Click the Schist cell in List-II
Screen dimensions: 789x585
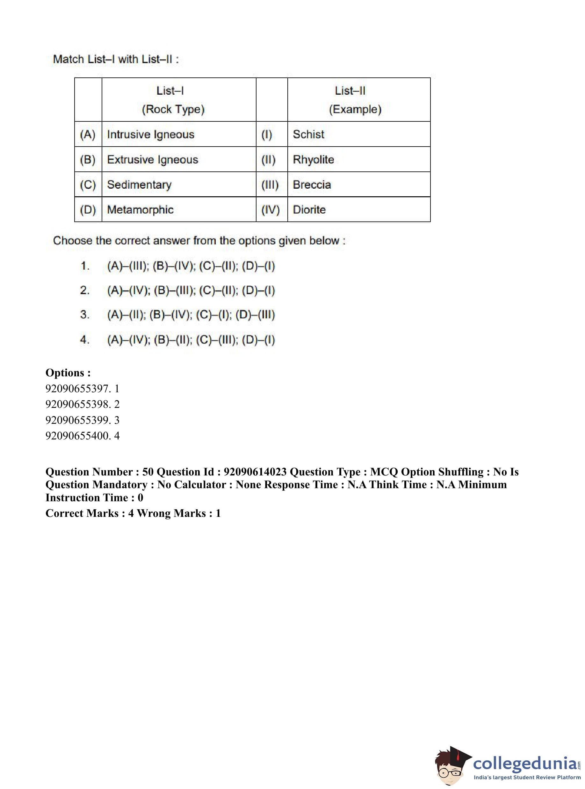(308, 134)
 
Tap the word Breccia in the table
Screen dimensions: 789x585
(312, 185)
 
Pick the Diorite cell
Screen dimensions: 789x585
(309, 210)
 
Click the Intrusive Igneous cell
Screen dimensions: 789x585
(150, 134)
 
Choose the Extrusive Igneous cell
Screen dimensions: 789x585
(152, 160)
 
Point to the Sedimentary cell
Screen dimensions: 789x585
(139, 185)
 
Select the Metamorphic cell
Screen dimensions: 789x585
(140, 210)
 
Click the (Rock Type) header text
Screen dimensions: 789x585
(173, 109)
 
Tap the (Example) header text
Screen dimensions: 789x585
(355, 109)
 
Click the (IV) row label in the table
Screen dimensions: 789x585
(270, 210)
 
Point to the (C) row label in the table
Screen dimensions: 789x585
(88, 185)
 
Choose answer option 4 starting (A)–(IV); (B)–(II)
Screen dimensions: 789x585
(191, 340)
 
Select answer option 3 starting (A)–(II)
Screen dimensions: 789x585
(191, 315)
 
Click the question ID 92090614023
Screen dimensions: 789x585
(255, 472)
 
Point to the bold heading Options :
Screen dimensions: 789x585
(68, 373)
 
